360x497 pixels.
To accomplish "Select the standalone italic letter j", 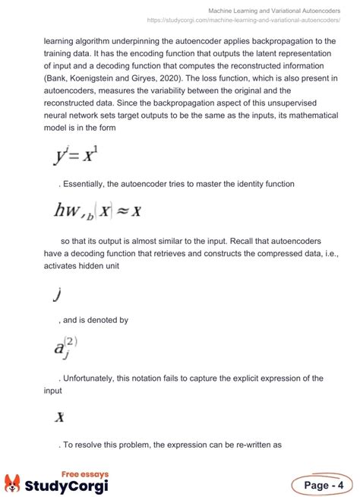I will (56, 294).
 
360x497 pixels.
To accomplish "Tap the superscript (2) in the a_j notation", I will (71, 341).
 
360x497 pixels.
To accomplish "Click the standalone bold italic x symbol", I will (59, 416).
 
